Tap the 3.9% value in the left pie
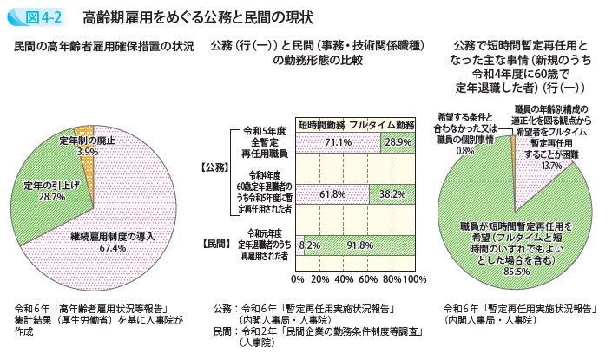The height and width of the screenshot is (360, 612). (x=87, y=152)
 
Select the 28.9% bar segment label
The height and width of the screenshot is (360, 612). (x=398, y=142)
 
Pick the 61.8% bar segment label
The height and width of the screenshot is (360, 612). (x=332, y=195)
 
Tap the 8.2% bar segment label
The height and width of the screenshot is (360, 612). (x=310, y=246)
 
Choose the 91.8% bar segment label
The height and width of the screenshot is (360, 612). (x=359, y=246)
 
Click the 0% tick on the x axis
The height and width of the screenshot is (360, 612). (x=298, y=280)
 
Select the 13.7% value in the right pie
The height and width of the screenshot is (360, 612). (x=551, y=165)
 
